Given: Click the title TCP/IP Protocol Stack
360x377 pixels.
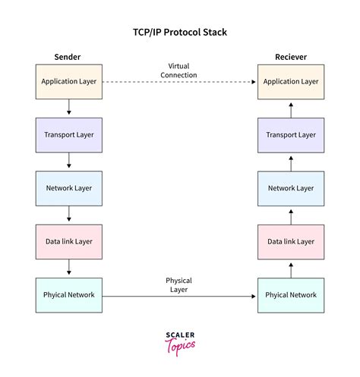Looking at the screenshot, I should click(179, 33).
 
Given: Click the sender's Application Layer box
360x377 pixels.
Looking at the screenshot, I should click(69, 82).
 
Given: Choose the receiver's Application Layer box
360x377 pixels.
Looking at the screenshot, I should click(290, 82).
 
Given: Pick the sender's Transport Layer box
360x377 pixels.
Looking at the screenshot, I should click(69, 135).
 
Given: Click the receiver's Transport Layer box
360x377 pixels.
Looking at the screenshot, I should click(290, 135).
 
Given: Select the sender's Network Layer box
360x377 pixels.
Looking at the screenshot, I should click(69, 188).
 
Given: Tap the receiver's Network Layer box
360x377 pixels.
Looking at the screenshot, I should click(290, 188).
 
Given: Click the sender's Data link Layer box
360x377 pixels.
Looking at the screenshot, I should click(69, 241).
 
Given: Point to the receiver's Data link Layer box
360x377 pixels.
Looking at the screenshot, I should click(290, 241).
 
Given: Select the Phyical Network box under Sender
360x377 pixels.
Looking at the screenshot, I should click(69, 295).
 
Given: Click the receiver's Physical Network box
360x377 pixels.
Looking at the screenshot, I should click(290, 295).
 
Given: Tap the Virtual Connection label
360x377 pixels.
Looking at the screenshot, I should click(178, 70).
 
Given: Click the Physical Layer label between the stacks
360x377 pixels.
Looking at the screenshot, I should click(178, 284).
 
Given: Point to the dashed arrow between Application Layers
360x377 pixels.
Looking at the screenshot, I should click(178, 82).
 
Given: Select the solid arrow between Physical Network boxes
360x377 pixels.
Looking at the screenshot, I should click(178, 296).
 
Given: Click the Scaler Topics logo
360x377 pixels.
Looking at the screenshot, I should click(179, 341).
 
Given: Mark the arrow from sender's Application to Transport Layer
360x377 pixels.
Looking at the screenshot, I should click(69, 108).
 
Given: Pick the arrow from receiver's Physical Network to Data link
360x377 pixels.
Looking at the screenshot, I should click(290, 269).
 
